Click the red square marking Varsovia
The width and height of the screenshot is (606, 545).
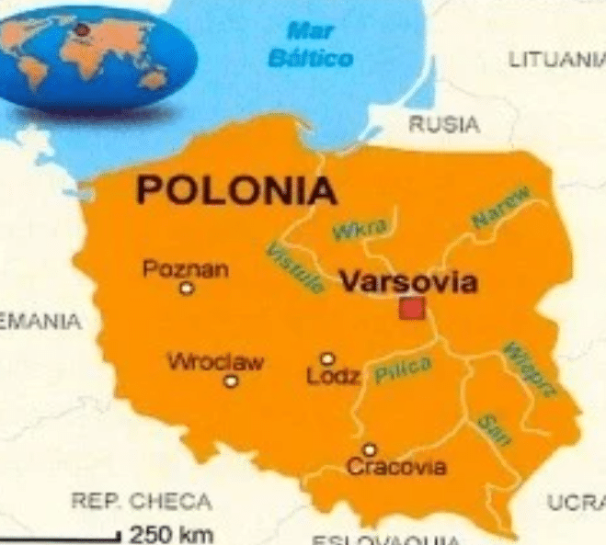point(412,308)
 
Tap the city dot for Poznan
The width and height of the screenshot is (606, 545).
point(188,289)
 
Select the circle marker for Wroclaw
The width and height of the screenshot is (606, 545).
point(231,380)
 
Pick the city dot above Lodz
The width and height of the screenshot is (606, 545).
point(326,359)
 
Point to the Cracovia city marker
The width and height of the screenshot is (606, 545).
point(369,449)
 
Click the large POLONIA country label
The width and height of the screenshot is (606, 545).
point(235,191)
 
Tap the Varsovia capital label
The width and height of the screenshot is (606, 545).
point(408,281)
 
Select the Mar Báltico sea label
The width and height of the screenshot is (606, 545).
point(310,44)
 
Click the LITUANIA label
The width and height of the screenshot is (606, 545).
point(556,61)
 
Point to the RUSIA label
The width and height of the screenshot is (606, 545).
point(443,124)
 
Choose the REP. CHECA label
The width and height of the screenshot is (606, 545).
point(141,502)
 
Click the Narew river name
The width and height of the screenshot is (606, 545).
point(502,208)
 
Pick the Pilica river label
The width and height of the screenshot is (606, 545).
point(403,369)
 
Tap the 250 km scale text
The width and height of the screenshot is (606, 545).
point(172,532)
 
